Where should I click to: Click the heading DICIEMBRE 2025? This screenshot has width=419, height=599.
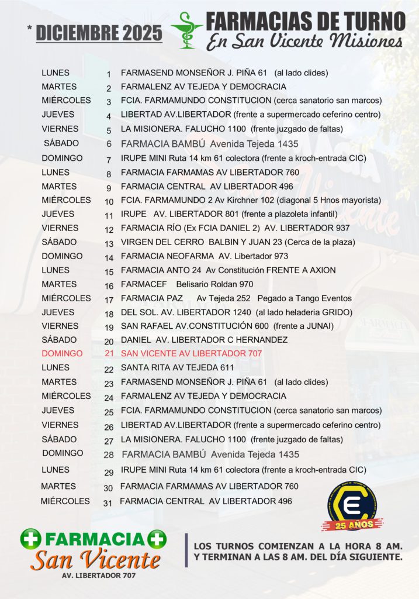[99, 33]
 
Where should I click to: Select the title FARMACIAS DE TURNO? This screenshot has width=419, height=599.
[305, 21]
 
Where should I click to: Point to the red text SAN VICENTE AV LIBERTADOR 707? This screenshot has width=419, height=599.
[191, 354]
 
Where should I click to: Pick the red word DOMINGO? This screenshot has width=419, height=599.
[62, 354]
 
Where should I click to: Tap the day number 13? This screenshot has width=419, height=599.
[109, 243]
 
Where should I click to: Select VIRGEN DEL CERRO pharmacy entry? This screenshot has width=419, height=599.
[238, 242]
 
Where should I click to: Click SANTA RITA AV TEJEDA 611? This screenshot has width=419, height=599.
[177, 368]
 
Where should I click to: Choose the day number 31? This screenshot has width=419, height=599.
[108, 502]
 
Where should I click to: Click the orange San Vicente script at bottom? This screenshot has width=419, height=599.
[95, 560]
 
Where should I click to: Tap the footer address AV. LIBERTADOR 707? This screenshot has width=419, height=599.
[99, 576]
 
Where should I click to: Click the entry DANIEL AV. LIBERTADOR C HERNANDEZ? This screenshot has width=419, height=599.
[204, 340]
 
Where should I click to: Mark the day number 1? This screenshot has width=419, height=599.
[109, 74]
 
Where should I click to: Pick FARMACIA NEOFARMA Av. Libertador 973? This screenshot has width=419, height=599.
[204, 256]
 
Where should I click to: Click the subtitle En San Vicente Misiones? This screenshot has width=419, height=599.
[304, 41]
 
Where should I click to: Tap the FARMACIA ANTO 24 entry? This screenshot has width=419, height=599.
[228, 270]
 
